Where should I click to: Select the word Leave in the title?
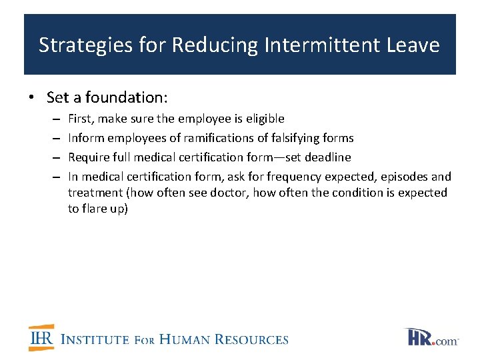point(413,45)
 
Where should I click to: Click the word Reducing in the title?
point(215,45)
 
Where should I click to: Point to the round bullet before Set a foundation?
point(31,98)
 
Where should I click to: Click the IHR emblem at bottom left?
point(41,337)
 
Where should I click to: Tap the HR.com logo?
point(431,337)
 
